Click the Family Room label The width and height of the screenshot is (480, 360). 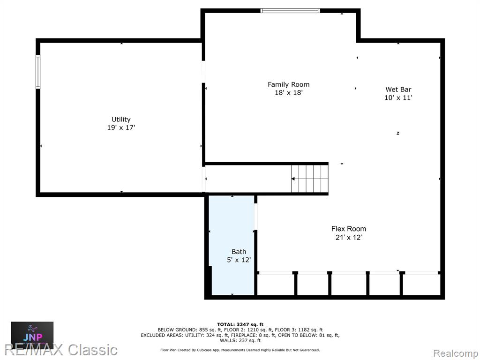click(x=288, y=84)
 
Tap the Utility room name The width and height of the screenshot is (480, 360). click(x=121, y=120)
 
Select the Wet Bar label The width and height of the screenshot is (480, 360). click(x=398, y=90)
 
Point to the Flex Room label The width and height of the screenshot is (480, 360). click(x=348, y=229)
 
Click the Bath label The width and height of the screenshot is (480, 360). click(x=239, y=252)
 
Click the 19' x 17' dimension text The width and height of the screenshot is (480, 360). click(x=121, y=127)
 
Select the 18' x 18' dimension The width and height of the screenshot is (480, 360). click(x=288, y=92)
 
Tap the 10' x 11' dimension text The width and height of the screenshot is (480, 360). click(x=398, y=97)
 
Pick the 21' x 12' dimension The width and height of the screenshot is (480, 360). click(x=348, y=237)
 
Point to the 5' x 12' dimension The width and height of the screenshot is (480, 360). click(x=239, y=260)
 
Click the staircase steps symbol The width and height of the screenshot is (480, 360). click(x=309, y=179)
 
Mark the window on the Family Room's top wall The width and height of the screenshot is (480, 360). click(x=290, y=11)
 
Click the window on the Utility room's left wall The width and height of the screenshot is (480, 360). click(x=38, y=72)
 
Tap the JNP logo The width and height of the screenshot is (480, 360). click(x=32, y=335)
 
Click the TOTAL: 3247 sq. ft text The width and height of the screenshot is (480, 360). click(x=240, y=324)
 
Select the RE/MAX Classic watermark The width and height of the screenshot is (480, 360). click(x=61, y=350)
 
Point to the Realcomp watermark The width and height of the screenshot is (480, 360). click(x=456, y=353)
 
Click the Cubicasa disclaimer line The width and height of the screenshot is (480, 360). click(x=240, y=350)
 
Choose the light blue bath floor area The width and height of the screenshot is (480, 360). click(x=232, y=245)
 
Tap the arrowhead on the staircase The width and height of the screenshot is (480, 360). click(x=293, y=179)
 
